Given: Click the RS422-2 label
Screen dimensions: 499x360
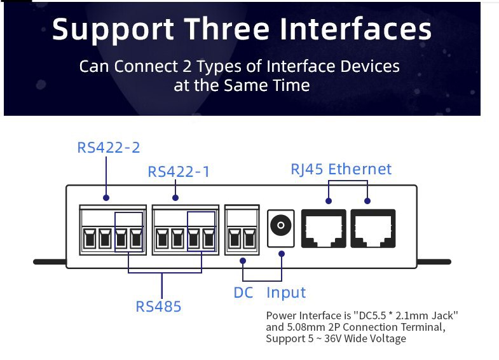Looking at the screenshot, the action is (x=109, y=148).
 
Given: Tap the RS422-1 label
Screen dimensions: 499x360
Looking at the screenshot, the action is (x=179, y=172).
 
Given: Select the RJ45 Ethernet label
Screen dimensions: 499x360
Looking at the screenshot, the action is (x=341, y=169).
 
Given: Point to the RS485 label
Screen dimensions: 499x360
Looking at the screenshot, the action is (x=158, y=307).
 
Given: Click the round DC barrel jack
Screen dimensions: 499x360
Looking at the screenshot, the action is (x=281, y=225).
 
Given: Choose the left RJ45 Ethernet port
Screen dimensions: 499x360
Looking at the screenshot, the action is (x=324, y=228).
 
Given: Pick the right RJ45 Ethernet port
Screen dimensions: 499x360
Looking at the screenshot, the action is (x=373, y=228).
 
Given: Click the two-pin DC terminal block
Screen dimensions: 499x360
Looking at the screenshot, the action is (x=242, y=230).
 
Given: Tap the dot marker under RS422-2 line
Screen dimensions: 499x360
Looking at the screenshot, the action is (x=106, y=198).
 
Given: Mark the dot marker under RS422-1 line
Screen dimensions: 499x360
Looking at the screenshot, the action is (x=175, y=198).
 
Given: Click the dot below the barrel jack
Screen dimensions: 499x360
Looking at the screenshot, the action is (x=282, y=254).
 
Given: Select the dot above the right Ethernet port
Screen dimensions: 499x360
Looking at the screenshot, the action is (x=367, y=201).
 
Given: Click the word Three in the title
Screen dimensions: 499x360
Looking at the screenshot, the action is (x=226, y=29).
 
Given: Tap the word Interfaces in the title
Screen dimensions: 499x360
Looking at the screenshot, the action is (x=355, y=29).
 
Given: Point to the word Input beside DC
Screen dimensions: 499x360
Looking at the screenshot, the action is (x=286, y=293).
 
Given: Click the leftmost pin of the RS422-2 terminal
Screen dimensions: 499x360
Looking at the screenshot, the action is (x=90, y=238).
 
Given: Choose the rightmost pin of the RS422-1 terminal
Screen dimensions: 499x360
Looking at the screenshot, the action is (x=208, y=238).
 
